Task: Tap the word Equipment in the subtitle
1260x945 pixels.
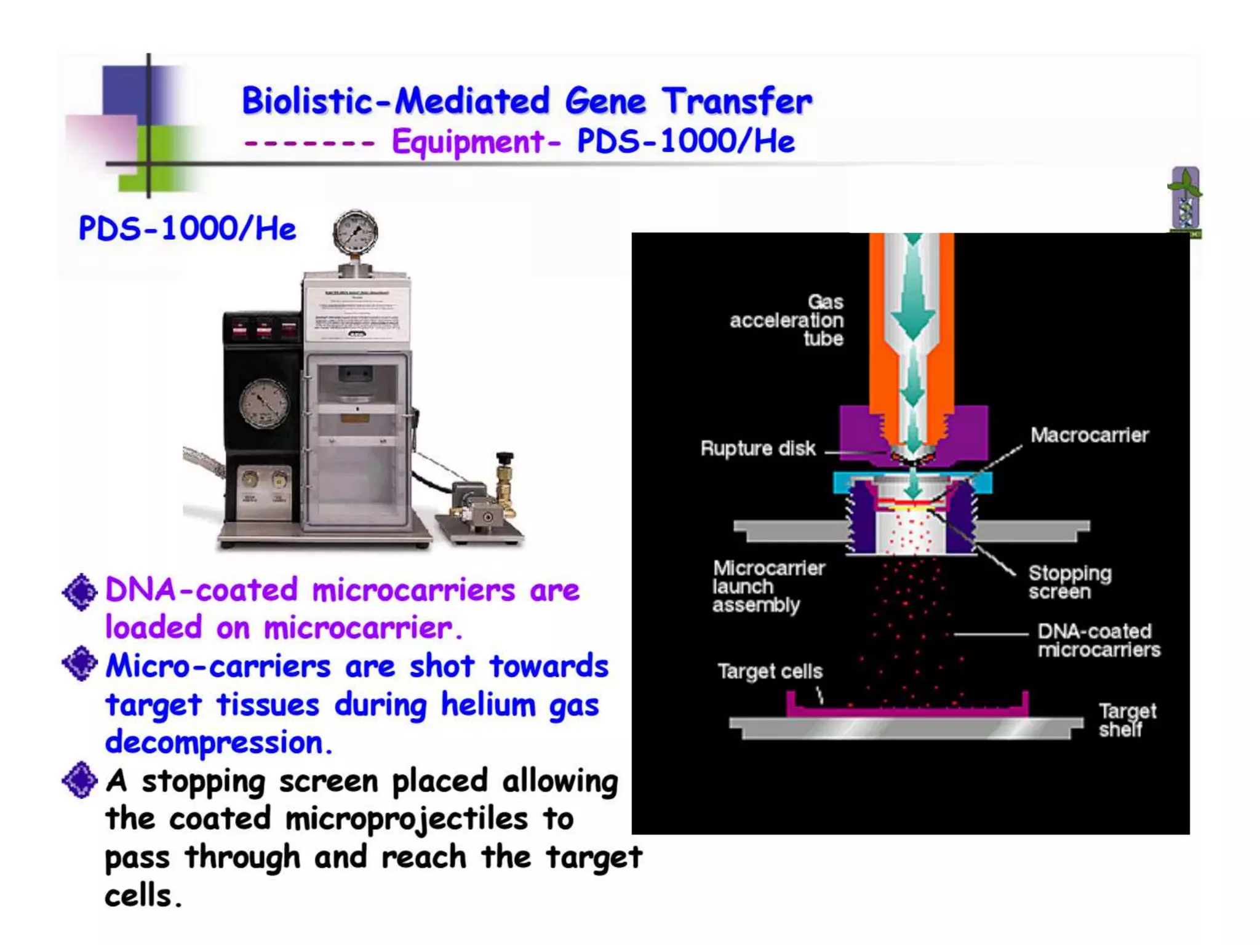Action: pos(468,142)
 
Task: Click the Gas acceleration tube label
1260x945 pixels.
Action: pos(787,320)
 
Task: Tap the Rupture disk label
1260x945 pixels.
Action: pos(757,449)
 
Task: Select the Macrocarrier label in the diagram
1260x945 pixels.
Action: pos(1089,435)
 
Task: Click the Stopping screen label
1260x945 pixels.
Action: pos(1069,582)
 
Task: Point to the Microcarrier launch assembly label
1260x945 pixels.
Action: pos(768,586)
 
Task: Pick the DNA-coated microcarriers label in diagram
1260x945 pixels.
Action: pos(1098,640)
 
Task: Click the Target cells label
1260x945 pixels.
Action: pos(770,671)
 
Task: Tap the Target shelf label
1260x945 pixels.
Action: pos(1126,720)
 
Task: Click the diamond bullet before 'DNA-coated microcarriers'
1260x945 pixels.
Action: pos(80,592)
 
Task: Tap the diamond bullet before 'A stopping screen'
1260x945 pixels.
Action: pos(80,780)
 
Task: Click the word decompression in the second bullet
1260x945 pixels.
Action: pos(218,743)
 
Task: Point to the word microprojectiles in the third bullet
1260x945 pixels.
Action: pos(407,819)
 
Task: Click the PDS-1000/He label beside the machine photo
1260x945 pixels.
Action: pos(187,229)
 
